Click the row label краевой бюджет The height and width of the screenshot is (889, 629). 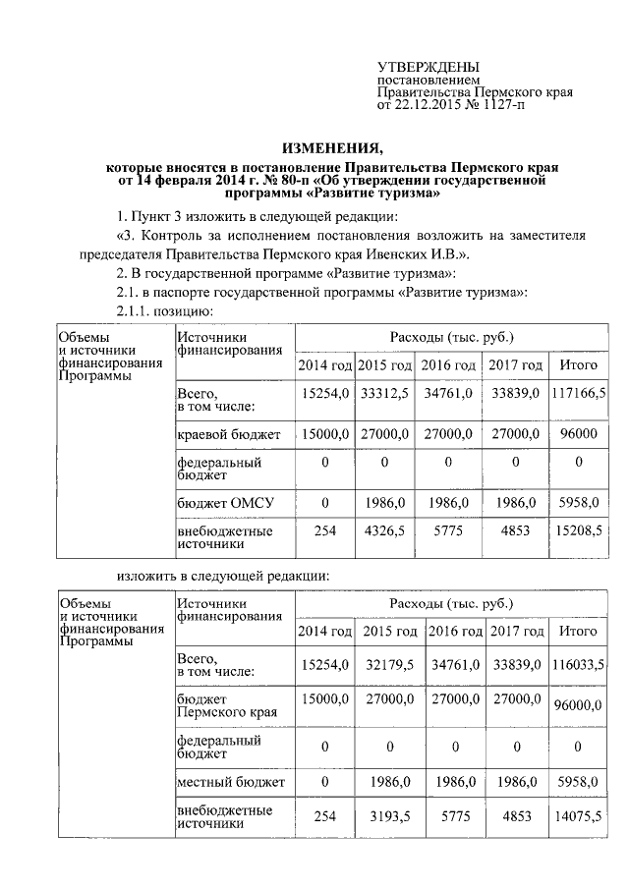point(229,434)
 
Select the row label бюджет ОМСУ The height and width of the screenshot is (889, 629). point(225,503)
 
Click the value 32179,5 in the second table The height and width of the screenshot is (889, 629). point(389,665)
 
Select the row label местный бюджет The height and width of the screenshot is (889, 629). point(231,782)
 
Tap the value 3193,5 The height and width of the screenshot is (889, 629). point(389,817)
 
